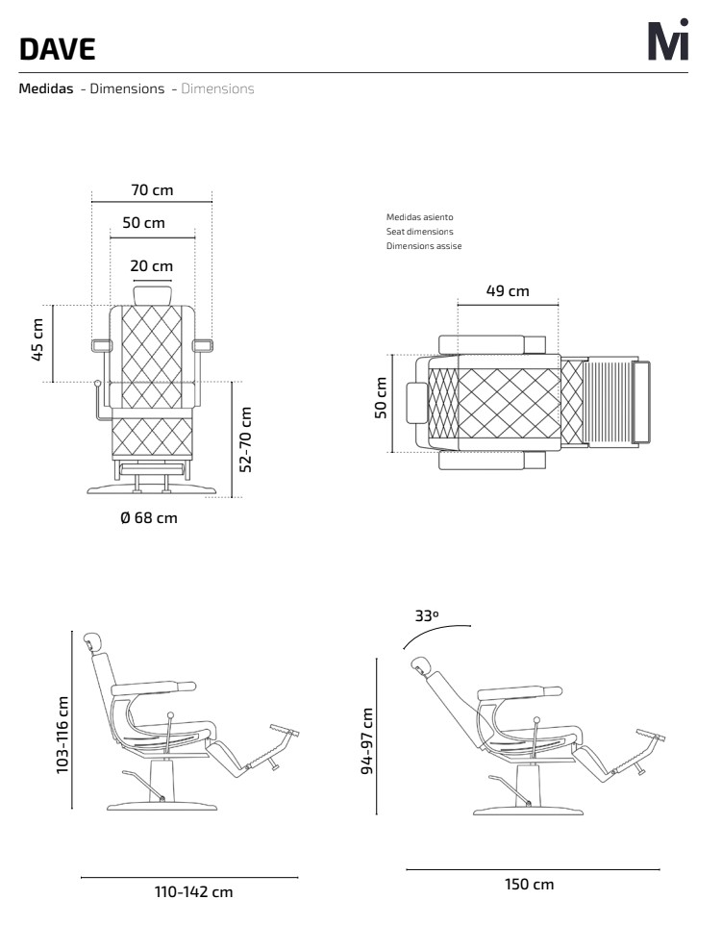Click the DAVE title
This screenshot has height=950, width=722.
57,49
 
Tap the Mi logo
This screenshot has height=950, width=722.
668,39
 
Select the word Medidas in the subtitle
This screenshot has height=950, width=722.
46,88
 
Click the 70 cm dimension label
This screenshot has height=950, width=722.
152,190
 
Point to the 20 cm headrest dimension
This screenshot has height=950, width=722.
152,266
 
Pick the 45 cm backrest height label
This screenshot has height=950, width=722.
37,339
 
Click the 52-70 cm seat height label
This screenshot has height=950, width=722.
245,439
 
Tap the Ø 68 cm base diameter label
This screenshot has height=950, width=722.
149,518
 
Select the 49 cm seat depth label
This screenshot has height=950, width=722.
508,290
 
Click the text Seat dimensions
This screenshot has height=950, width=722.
420,232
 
